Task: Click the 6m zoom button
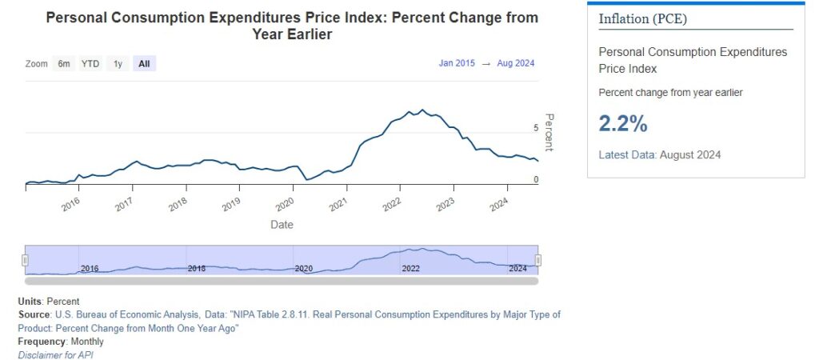tap(64, 63)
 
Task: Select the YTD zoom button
tap(90, 63)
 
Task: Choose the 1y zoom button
tap(118, 63)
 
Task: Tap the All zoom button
tap(144, 63)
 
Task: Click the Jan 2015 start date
tap(457, 63)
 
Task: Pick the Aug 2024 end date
tap(517, 63)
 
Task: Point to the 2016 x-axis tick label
tap(71, 205)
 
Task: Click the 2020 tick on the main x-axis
tap(286, 205)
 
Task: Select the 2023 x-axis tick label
tap(445, 205)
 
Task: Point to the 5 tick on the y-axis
tap(536, 127)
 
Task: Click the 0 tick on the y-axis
tap(536, 180)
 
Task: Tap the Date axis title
tap(282, 225)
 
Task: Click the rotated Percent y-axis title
tap(549, 132)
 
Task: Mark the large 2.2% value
tap(623, 123)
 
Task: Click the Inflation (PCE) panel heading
tap(642, 18)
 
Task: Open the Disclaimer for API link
tap(56, 354)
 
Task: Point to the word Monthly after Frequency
tap(87, 342)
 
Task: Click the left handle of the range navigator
tap(26, 260)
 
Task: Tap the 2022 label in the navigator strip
tap(410, 269)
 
